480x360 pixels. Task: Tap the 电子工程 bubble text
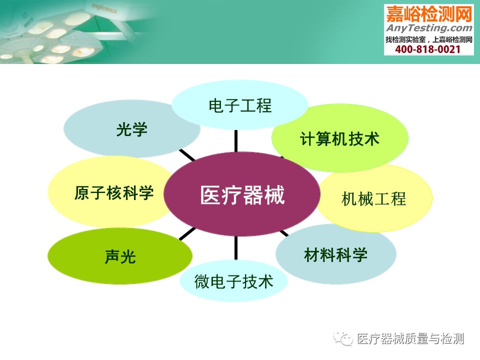coord(240,105)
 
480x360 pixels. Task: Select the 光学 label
coord(131,129)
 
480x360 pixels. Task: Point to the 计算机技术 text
coord(339,138)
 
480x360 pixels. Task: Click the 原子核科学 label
coord(114,193)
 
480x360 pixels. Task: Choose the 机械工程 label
coord(373,198)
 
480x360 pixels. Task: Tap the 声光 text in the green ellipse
coord(120,256)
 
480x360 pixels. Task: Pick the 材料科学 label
coord(336,254)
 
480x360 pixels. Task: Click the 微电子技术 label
coord(233,281)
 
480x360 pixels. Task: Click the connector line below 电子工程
coord(236,141)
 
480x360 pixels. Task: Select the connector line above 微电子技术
coord(236,248)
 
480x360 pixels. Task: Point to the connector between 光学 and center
coord(187,155)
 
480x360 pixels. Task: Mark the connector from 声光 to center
coord(187,233)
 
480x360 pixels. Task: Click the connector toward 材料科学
coord(284,233)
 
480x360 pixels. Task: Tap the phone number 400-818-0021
coord(427,49)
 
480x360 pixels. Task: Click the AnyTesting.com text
coord(429,28)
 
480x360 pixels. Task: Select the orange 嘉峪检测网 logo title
coord(429,14)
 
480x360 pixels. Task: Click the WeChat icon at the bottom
coord(343,338)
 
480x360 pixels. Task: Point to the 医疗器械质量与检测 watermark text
coord(410,339)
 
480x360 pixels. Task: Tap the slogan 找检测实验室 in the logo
coord(405,39)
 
